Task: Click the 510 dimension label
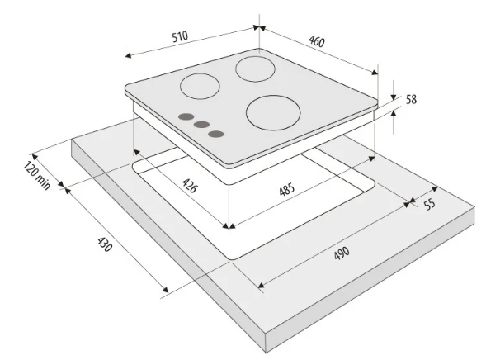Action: (x=180, y=36)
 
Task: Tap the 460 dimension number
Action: (x=317, y=41)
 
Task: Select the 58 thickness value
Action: (x=411, y=100)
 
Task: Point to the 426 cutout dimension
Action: (x=189, y=186)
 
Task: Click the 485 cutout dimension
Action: (x=286, y=189)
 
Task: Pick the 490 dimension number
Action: (x=342, y=253)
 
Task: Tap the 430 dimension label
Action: (x=105, y=244)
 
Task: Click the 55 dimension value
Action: (x=430, y=204)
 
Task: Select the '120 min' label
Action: (x=36, y=176)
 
